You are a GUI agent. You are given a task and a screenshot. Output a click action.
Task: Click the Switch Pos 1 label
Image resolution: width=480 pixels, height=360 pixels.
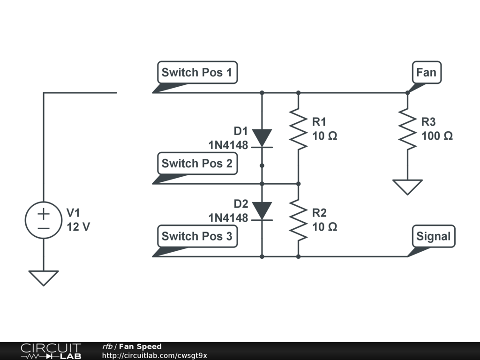(x=197, y=73)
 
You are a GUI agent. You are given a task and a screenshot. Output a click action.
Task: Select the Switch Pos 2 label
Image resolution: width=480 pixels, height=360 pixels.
(x=197, y=164)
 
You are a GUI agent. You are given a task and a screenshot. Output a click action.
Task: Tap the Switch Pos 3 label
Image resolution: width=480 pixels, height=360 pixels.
(x=197, y=236)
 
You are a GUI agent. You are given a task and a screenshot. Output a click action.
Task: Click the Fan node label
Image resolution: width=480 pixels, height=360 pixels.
(x=426, y=73)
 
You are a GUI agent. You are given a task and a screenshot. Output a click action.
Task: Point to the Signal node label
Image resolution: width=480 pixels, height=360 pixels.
(x=433, y=236)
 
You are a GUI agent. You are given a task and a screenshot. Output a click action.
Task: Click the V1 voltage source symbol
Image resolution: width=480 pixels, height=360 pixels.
(x=43, y=221)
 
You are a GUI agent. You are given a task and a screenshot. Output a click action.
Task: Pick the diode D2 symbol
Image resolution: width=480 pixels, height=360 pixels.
(x=262, y=210)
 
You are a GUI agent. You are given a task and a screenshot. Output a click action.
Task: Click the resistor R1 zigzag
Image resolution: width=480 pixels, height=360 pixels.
(x=299, y=129)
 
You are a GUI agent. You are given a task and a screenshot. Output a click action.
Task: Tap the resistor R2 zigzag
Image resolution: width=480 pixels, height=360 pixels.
(x=299, y=219)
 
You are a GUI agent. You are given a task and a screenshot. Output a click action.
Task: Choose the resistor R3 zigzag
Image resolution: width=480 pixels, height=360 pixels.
(x=407, y=129)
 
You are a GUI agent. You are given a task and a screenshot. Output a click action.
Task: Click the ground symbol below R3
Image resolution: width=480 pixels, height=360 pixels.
(x=407, y=187)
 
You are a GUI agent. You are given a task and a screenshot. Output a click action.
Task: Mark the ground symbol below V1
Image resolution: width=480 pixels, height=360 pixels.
(x=43, y=277)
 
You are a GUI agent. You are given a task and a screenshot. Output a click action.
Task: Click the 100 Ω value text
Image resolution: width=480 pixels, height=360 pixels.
(x=437, y=136)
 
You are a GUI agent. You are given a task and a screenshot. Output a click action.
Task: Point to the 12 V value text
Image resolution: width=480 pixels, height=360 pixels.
(x=78, y=227)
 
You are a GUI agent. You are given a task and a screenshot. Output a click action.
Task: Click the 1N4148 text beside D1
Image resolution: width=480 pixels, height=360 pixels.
(x=228, y=145)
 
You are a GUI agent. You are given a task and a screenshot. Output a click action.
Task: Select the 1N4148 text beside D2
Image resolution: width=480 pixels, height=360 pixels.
(x=228, y=217)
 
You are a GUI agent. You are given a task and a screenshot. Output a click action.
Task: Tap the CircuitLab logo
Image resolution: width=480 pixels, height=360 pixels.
(x=51, y=351)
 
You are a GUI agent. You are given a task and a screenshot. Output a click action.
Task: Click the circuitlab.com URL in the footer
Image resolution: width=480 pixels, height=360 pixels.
(x=155, y=356)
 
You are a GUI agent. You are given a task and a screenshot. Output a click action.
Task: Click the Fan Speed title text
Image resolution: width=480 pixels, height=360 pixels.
(x=140, y=347)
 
